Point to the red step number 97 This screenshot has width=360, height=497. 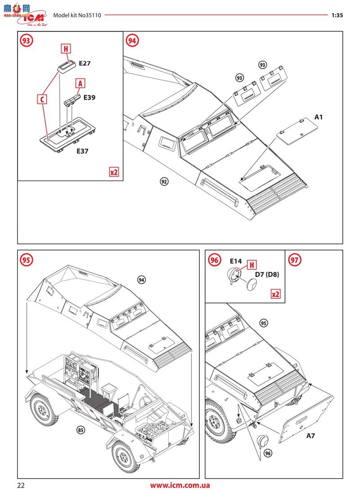point(295,260)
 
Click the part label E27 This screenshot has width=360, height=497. point(85,63)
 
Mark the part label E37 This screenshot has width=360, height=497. point(82,151)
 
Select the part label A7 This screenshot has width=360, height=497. point(311,436)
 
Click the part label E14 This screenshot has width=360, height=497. point(236,261)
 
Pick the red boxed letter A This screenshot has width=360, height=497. point(80,83)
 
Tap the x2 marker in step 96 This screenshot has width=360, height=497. point(275,294)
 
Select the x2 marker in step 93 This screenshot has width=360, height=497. point(114,172)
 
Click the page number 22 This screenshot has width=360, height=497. point(21,485)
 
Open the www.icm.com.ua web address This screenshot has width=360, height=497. point(180,485)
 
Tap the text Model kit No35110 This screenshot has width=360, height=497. point(77,15)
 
